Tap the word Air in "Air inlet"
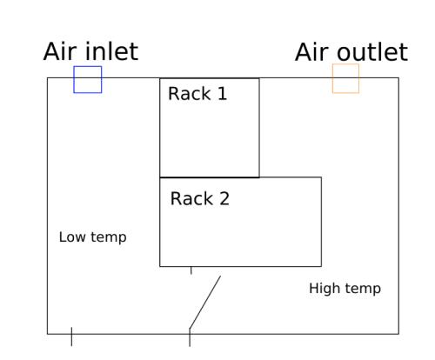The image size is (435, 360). pyautogui.click(x=60, y=51)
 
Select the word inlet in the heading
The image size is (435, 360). pyautogui.click(x=111, y=51)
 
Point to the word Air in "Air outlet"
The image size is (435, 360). pyautogui.click(x=312, y=52)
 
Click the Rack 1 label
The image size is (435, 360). pyautogui.click(x=197, y=94)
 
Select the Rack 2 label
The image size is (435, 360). pyautogui.click(x=200, y=198)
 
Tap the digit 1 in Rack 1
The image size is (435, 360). pyautogui.click(x=222, y=94)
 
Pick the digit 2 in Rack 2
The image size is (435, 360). pyautogui.click(x=224, y=198)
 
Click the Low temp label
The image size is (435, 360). pyautogui.click(x=93, y=237)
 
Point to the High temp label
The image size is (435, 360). pyautogui.click(x=345, y=289)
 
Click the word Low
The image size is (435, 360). pyautogui.click(x=72, y=237)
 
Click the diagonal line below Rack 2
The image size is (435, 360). pyautogui.click(x=205, y=303)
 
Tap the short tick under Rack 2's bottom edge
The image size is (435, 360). pyautogui.click(x=191, y=270)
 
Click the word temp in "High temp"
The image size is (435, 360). pyautogui.click(x=363, y=290)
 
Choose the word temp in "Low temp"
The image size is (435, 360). pyautogui.click(x=109, y=238)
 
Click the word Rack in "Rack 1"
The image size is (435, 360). pyautogui.click(x=190, y=94)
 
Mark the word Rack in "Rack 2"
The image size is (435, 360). pyautogui.click(x=192, y=198)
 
